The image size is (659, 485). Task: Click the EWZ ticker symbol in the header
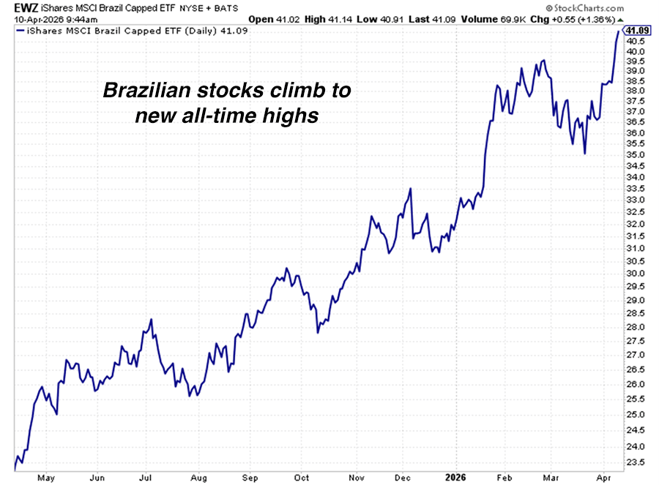13,7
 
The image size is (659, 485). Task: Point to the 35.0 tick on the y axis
636,155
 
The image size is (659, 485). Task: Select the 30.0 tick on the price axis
636,274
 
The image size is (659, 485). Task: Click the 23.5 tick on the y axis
636,463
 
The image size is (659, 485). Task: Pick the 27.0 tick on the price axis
636,355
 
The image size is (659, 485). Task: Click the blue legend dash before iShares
19,31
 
